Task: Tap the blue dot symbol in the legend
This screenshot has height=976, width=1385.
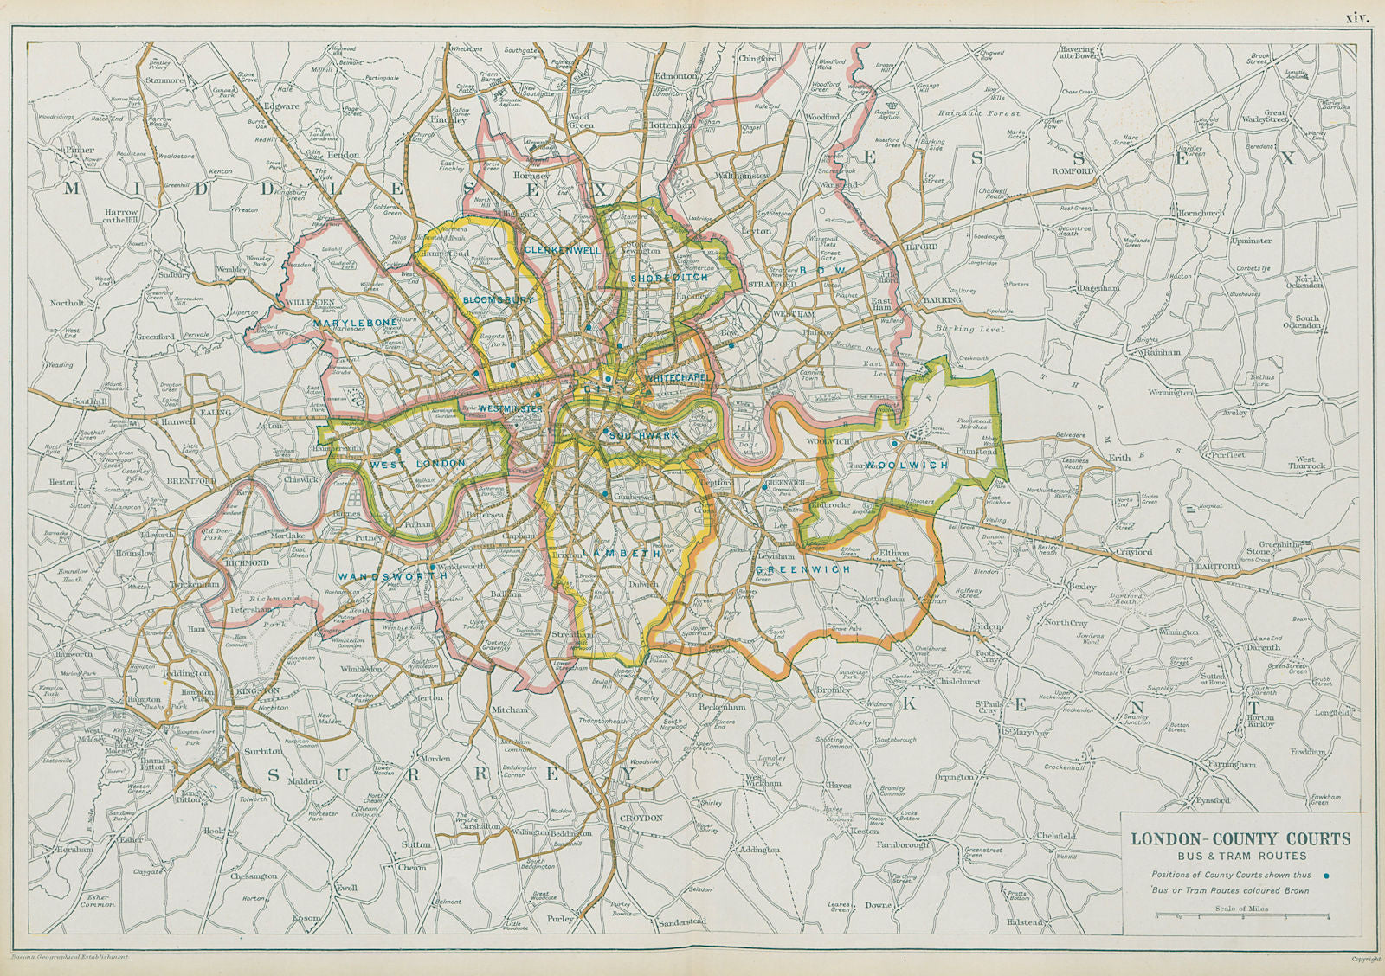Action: point(1329,875)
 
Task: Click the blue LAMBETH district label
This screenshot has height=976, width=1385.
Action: point(609,553)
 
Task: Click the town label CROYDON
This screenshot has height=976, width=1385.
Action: point(641,818)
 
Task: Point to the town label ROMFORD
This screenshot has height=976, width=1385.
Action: point(1074,171)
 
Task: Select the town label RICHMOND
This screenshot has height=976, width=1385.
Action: point(246,562)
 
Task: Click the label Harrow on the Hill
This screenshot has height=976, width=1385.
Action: point(121,215)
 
